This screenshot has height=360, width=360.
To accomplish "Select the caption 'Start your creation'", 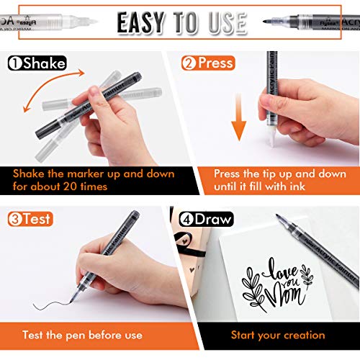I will (278, 335).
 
